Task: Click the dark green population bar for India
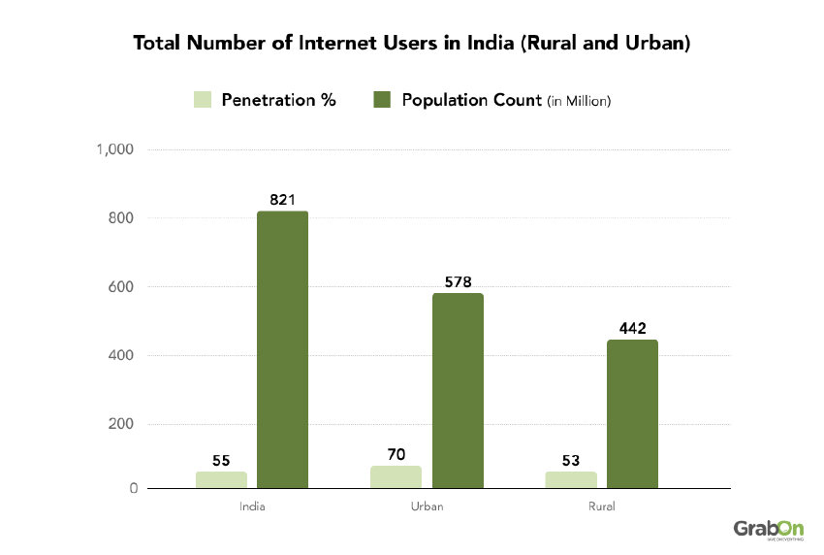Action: (282, 349)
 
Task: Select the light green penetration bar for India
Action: (221, 479)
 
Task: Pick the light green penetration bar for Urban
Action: (396, 476)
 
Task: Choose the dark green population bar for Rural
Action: (632, 413)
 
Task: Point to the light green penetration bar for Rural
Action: (570, 479)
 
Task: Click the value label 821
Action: (282, 200)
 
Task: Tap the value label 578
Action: (458, 282)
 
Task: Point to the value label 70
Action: (396, 453)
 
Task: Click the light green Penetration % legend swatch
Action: (203, 100)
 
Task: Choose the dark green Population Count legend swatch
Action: (382, 100)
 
